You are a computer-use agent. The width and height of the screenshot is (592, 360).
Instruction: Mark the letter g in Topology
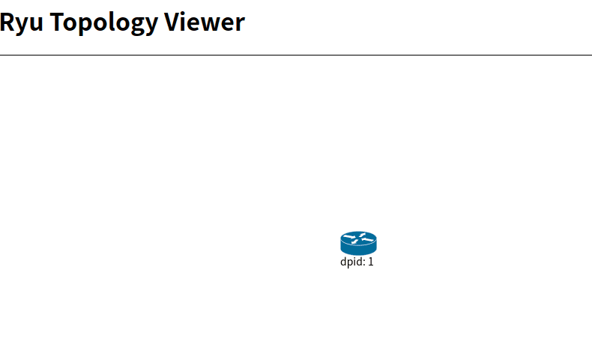coord(133,25)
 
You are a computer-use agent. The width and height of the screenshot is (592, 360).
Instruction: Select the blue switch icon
coord(358,243)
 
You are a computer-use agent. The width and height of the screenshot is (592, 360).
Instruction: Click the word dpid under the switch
coord(351,262)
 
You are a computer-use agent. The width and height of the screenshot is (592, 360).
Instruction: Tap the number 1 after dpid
coord(370,262)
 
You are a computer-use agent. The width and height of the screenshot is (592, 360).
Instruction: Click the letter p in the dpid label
coord(350,264)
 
